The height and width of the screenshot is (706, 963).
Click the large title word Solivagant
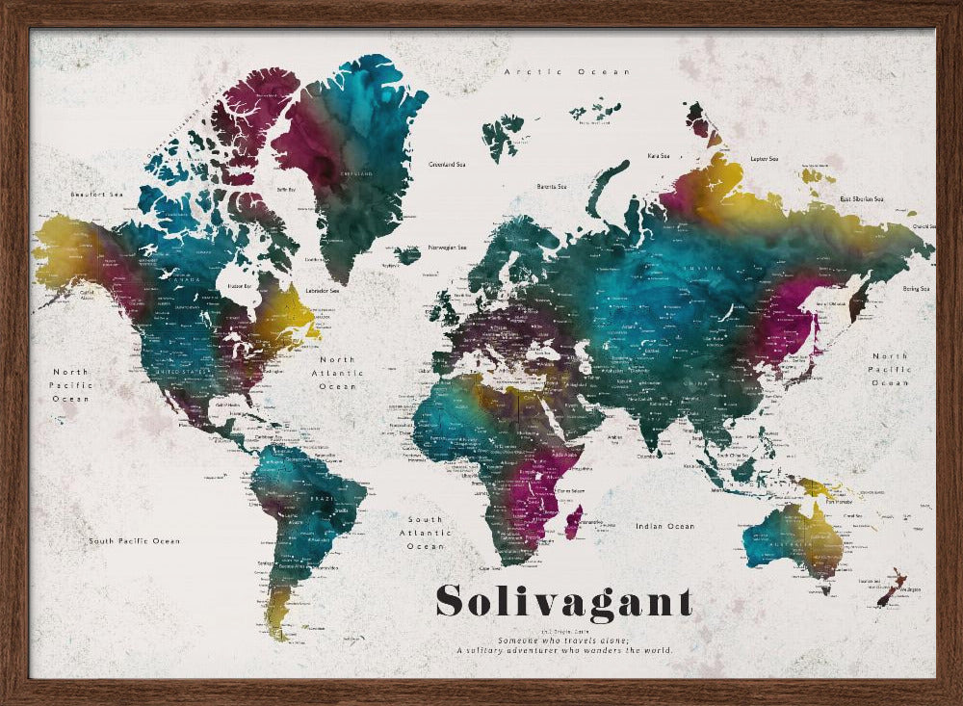click(563, 600)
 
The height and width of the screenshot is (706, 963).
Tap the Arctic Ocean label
click(568, 72)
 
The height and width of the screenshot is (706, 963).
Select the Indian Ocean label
click(664, 526)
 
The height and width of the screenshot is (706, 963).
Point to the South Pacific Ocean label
click(135, 541)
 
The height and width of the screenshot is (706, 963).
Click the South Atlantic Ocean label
click(425, 533)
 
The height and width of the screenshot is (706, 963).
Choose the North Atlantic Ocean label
click(337, 373)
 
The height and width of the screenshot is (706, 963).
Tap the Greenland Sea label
click(447, 165)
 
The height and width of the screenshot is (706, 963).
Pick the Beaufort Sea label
click(97, 195)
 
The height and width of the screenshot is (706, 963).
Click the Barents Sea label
click(551, 186)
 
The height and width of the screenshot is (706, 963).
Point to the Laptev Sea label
click(764, 158)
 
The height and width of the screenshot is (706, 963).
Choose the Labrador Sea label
click(321, 290)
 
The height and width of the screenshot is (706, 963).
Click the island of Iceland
click(407, 255)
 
